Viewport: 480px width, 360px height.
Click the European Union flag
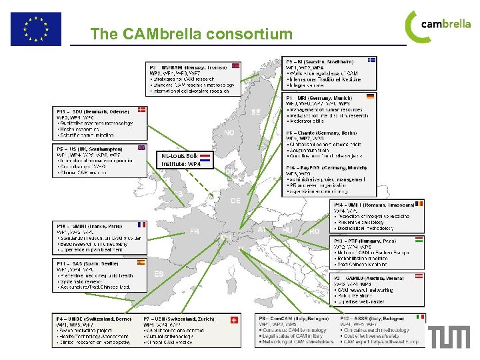click(35, 28)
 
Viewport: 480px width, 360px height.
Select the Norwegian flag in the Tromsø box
click(235, 66)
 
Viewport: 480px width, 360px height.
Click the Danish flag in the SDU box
click(142, 110)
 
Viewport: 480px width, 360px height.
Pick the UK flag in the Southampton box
click(141, 147)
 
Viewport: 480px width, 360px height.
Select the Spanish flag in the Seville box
click(141, 263)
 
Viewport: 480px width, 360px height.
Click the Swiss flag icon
click(233, 319)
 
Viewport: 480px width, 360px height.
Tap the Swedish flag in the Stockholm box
click(372, 60)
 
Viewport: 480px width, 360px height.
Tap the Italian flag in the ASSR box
click(420, 318)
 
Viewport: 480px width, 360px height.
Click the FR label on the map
click(195, 231)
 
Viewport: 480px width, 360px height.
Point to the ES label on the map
click(159, 274)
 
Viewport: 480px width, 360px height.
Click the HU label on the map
click(287, 230)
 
